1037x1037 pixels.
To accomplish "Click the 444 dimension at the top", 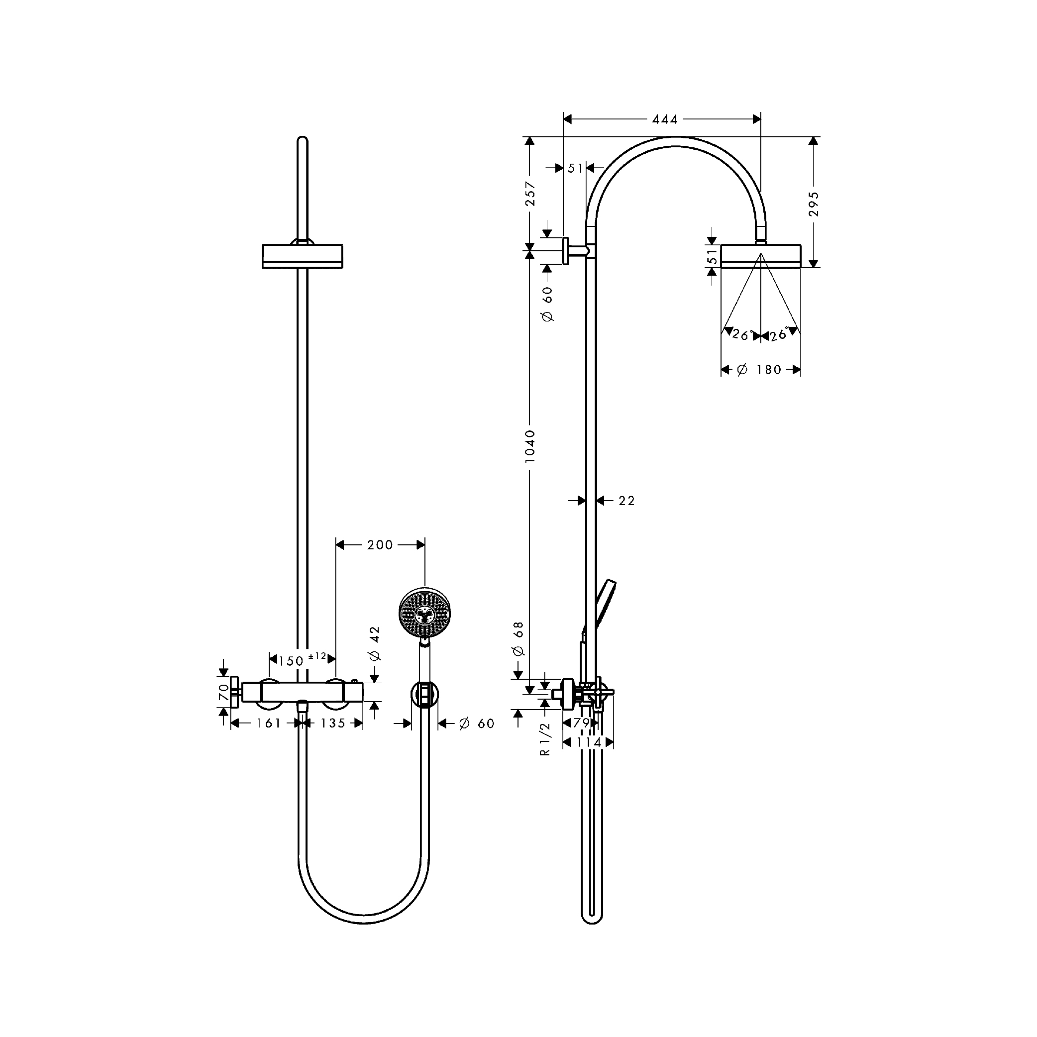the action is tap(664, 119).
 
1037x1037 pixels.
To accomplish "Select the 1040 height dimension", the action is tap(530, 446).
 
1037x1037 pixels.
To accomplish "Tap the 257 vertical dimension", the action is tap(530, 194).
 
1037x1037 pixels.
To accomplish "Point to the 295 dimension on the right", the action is tap(814, 204).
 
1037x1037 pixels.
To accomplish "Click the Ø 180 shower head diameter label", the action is tap(759, 370).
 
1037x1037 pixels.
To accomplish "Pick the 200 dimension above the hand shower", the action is tap(380, 545).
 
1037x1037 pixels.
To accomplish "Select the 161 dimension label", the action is tap(268, 724).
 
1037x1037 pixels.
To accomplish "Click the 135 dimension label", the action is tap(333, 724).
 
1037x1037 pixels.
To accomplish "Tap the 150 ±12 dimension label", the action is tap(302, 660).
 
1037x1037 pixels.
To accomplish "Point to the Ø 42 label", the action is tap(375, 643).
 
